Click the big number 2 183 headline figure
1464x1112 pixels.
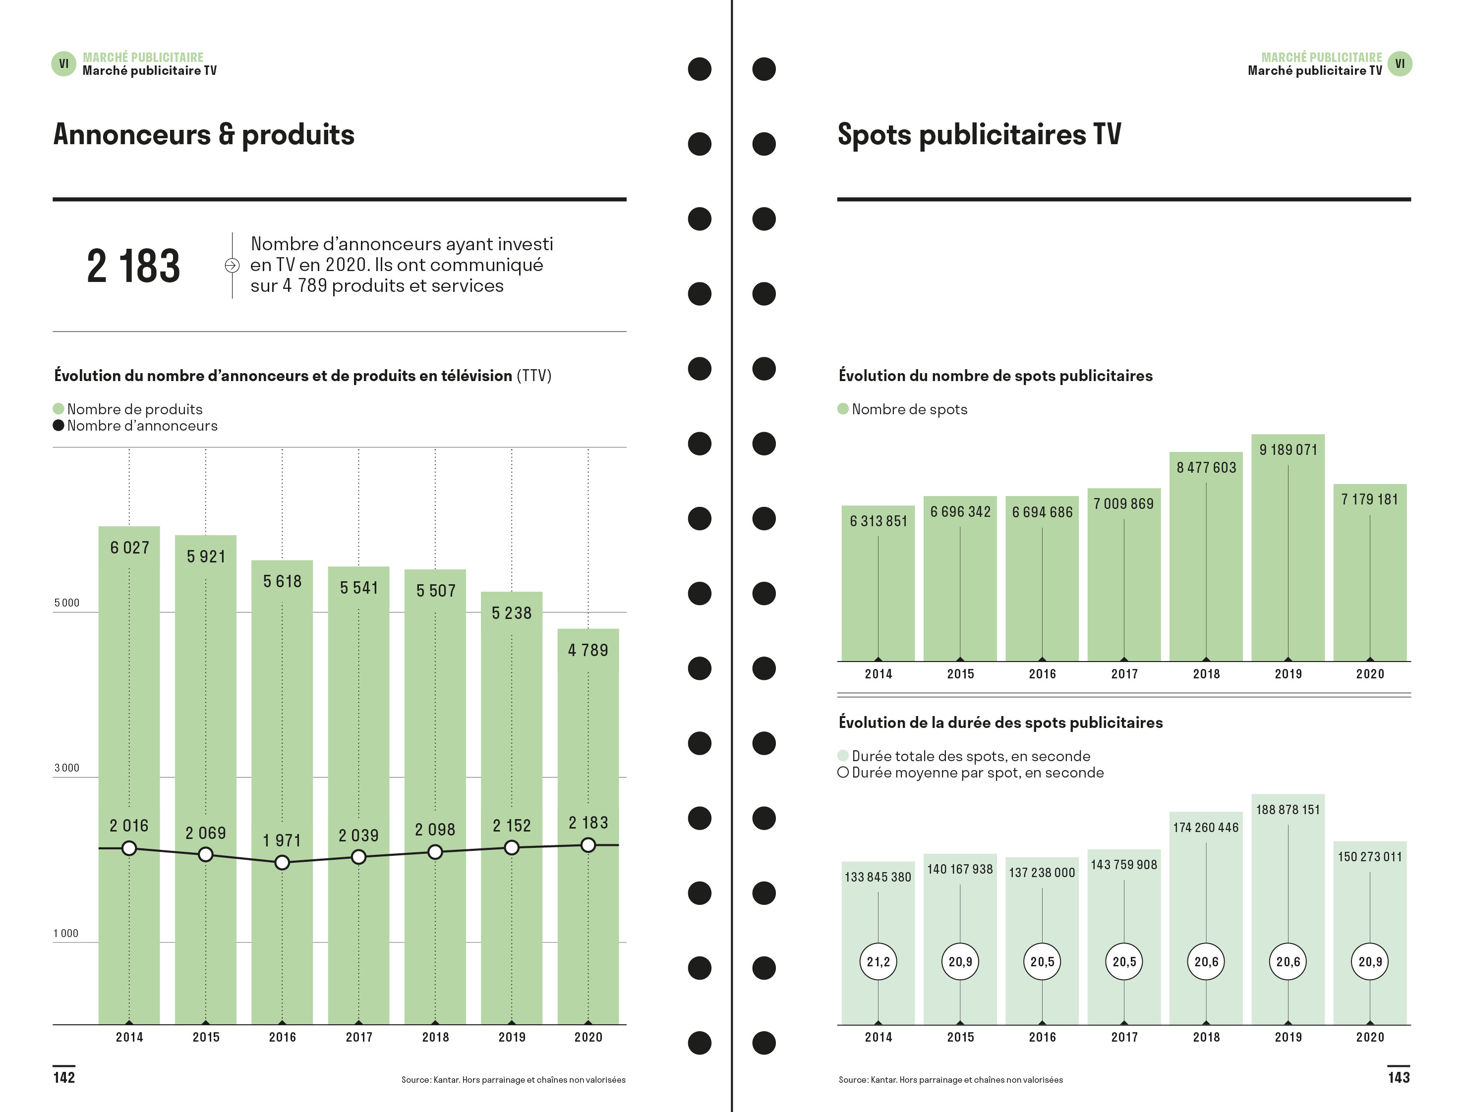point(133,266)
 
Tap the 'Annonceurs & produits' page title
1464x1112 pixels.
point(204,134)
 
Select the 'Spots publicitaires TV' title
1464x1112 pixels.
point(979,134)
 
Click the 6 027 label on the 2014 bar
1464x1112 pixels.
point(130,548)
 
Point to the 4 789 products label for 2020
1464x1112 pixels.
point(588,650)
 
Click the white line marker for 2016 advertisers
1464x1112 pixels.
point(282,862)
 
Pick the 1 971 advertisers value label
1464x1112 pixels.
point(282,840)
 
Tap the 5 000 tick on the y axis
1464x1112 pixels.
point(66,603)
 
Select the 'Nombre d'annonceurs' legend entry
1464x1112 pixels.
point(135,426)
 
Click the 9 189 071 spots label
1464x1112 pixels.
point(1288,450)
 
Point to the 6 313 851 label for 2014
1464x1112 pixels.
point(878,522)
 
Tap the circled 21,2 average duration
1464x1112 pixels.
point(878,962)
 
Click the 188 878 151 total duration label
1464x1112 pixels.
point(1288,810)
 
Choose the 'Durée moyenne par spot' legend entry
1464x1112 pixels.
point(971,773)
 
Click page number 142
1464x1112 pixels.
point(64,1078)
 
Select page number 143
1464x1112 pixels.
point(1399,1078)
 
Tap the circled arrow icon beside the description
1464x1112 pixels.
point(232,266)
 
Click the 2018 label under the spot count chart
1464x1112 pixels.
point(1206,674)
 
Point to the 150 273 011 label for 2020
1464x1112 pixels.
point(1370,857)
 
